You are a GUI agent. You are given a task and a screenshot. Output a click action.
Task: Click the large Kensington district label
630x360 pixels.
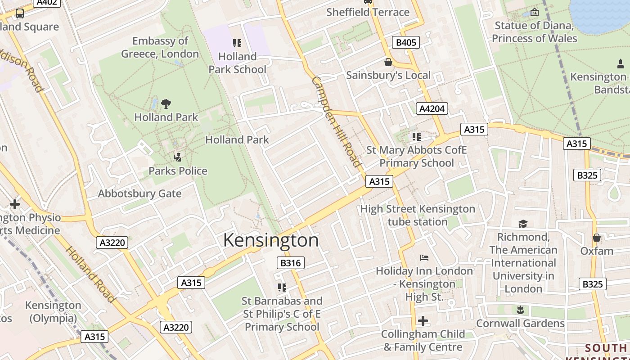pos(271,240)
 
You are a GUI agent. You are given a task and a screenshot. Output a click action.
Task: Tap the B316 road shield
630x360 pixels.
pos(290,263)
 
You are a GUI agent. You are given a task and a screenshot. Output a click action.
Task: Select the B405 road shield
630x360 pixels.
pos(405,43)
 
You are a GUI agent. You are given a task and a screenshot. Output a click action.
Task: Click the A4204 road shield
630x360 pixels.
pos(432,108)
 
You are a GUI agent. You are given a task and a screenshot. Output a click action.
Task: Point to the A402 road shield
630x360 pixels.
pos(47,3)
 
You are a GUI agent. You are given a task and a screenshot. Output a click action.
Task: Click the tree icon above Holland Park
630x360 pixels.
pos(166,104)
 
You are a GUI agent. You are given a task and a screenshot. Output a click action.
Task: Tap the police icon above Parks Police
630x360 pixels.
pos(178,157)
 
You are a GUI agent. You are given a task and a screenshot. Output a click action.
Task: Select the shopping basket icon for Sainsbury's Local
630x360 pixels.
pos(388,62)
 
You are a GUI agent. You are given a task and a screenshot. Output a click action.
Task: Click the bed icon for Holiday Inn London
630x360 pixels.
pos(424,258)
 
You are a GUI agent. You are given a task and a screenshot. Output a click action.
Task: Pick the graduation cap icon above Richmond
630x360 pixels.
pos(523,224)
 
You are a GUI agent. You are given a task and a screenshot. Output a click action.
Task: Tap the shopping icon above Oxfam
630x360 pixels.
pos(597,238)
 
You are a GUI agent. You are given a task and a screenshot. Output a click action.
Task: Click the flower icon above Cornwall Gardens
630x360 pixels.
pos(520,310)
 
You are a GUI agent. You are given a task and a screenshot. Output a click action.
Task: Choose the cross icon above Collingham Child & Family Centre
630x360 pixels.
pos(423,321)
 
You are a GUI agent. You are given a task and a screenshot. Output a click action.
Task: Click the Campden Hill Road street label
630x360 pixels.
pos(337,121)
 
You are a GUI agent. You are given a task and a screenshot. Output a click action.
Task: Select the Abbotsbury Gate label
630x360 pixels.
pos(140,194)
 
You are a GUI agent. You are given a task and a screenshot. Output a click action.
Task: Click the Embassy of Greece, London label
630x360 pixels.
pos(160,47)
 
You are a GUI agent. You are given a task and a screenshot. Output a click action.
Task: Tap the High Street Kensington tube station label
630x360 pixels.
pos(418,215)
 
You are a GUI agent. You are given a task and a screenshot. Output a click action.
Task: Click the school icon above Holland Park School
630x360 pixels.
pos(237,43)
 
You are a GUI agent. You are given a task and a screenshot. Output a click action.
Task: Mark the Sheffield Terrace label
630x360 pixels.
pos(368,12)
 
